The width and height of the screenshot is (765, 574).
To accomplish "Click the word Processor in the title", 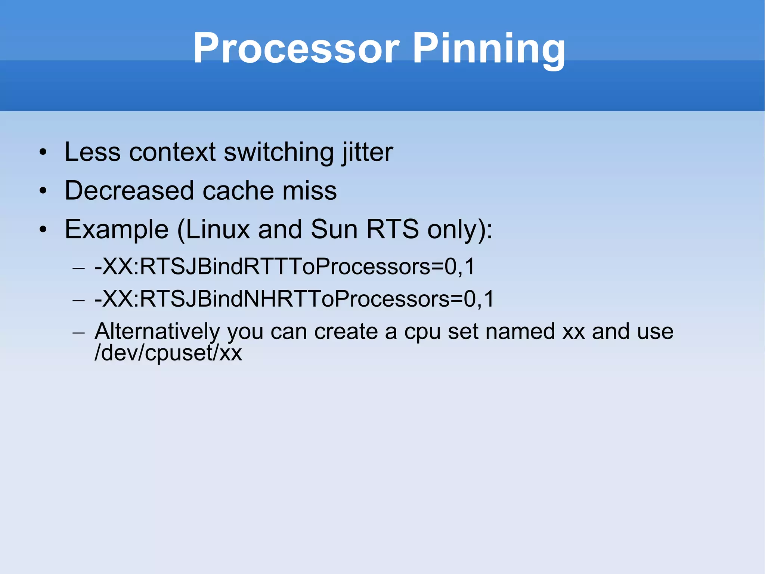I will pyautogui.click(x=296, y=49).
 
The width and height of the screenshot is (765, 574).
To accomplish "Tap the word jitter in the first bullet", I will pyautogui.click(x=367, y=152).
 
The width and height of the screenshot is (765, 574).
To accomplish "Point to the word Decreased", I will pyautogui.click(x=129, y=191).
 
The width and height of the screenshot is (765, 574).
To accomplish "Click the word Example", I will pyautogui.click(x=117, y=230).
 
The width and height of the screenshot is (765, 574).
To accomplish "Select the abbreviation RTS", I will pyautogui.click(x=392, y=230).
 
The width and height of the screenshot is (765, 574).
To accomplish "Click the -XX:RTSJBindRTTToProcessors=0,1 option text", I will pyautogui.click(x=285, y=267).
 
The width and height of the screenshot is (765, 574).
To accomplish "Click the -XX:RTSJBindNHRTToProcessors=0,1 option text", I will pyautogui.click(x=294, y=299).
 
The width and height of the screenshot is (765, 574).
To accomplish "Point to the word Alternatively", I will pyautogui.click(x=157, y=332).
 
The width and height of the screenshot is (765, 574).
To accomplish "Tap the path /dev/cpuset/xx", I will pyautogui.click(x=168, y=353).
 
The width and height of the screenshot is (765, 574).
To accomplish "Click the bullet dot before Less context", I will pyautogui.click(x=43, y=153).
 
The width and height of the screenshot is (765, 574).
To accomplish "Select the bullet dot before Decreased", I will pyautogui.click(x=43, y=191).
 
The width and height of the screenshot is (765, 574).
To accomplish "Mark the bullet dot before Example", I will pyautogui.click(x=43, y=230).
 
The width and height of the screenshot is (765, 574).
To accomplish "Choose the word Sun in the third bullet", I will pyautogui.click(x=334, y=230).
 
